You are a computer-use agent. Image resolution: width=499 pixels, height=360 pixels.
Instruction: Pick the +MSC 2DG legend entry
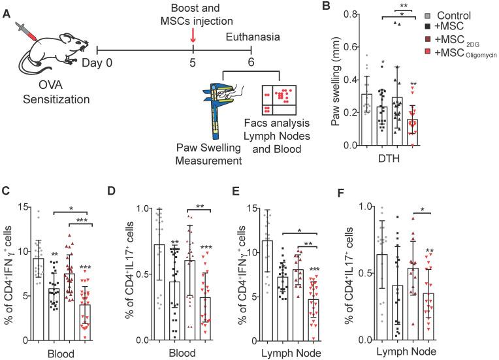click(457, 40)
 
